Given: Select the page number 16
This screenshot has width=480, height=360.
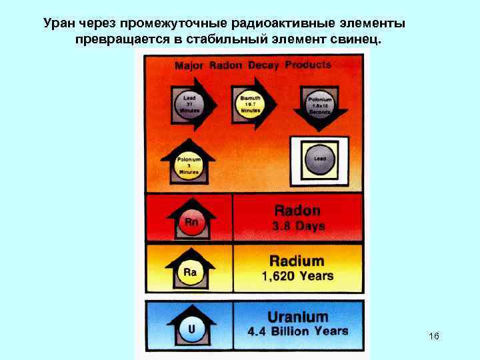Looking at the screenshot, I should (x=434, y=336).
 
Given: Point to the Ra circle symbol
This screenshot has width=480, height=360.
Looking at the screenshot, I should (x=190, y=272).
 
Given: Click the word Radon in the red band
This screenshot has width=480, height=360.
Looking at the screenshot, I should (x=297, y=211).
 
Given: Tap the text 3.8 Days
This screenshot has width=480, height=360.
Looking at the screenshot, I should (x=298, y=226).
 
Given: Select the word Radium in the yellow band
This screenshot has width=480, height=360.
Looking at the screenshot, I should (x=297, y=261).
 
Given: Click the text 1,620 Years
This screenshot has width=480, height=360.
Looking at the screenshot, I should (x=297, y=276).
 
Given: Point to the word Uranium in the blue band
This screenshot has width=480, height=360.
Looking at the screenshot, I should (x=297, y=317).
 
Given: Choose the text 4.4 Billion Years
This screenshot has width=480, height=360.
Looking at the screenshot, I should (x=297, y=331).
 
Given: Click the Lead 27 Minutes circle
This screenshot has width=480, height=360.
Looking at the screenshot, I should (x=189, y=104).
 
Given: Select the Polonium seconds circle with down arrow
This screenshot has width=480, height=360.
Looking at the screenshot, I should (x=319, y=105).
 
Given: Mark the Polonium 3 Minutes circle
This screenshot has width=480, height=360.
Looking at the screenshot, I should (x=189, y=165).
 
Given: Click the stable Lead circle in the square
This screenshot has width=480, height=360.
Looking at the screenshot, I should (x=319, y=159).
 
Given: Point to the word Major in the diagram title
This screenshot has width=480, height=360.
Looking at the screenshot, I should (x=189, y=66).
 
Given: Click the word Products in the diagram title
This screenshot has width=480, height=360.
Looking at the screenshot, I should (x=307, y=65).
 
